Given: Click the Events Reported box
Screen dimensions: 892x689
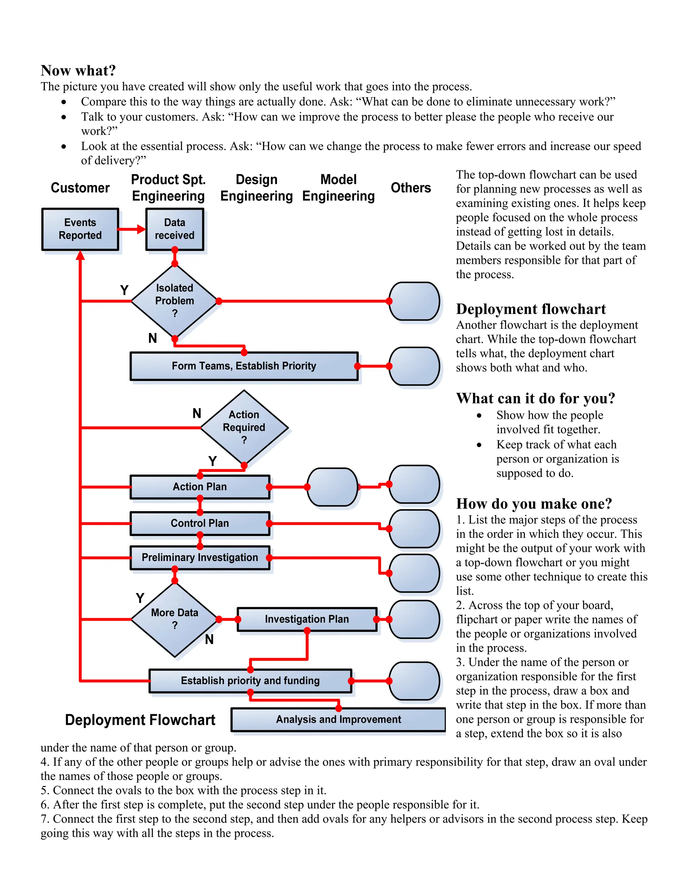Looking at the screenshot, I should (x=80, y=229).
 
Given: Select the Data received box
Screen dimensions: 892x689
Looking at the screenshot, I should (x=175, y=229).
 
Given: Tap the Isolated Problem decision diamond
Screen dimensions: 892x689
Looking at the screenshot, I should (x=175, y=301).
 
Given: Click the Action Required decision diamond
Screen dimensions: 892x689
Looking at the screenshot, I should (x=244, y=427).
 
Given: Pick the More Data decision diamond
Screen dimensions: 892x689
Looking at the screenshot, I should (x=175, y=619).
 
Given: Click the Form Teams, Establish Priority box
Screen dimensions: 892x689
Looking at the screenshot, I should (x=244, y=366).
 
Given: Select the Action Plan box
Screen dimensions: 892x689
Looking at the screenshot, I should (x=200, y=487).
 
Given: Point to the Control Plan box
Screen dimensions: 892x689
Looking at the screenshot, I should (x=200, y=523).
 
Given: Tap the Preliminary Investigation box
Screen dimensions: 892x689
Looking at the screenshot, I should (x=200, y=557).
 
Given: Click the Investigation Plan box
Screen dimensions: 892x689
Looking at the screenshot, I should (x=307, y=619).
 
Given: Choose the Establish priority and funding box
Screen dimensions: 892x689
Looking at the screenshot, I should (x=250, y=680).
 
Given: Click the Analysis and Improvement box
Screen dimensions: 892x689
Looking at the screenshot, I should (x=338, y=719).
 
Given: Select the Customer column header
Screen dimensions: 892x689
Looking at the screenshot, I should (x=80, y=188).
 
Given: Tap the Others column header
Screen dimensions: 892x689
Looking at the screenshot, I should (x=411, y=188).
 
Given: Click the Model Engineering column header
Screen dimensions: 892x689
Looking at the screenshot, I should (x=338, y=188).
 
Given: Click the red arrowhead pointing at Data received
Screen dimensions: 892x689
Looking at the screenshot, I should (x=141, y=229).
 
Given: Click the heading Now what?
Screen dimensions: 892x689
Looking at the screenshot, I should (x=78, y=71).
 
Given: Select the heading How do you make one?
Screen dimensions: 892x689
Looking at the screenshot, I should (x=534, y=504).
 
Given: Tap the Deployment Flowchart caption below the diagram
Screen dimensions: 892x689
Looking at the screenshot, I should (x=140, y=720).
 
